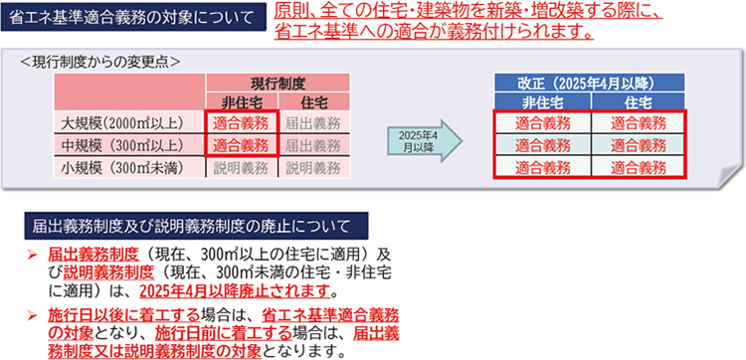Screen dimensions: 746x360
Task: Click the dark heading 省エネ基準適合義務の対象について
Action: point(135,17)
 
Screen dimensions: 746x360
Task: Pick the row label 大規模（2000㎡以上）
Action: point(130,123)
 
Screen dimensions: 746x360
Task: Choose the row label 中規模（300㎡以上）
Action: point(130,145)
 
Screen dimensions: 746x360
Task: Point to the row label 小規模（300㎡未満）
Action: point(130,167)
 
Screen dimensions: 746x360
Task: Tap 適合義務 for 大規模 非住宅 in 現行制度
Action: point(240,123)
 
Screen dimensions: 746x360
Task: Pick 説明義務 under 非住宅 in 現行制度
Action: point(240,167)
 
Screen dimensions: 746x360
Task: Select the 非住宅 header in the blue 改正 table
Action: point(542,101)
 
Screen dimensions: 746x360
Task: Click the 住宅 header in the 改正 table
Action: point(638,101)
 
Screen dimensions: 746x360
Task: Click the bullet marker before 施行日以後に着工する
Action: point(34,315)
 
